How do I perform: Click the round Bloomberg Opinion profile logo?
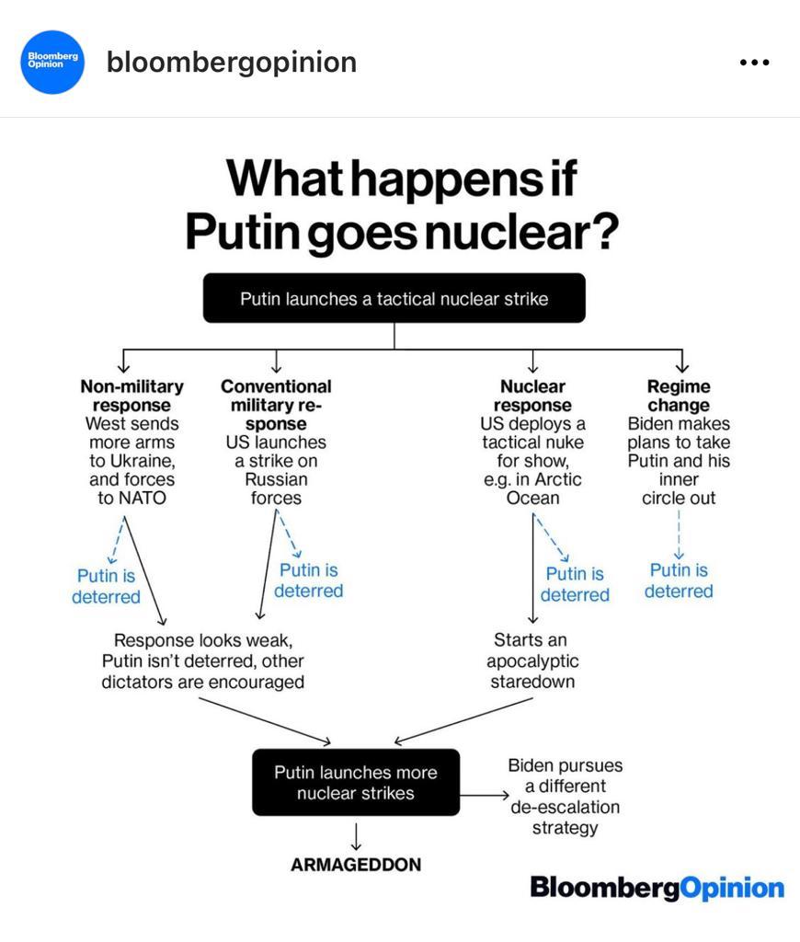click(x=52, y=62)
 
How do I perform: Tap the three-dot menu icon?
click(x=754, y=62)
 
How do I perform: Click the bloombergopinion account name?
click(x=231, y=63)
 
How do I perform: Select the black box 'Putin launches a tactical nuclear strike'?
click(x=394, y=298)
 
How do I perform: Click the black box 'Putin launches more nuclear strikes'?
click(x=356, y=782)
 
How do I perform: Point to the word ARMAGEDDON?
click(x=356, y=865)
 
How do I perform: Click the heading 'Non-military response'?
click(x=132, y=396)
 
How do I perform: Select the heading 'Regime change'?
click(x=679, y=396)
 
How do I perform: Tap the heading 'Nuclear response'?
click(x=532, y=396)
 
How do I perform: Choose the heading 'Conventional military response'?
click(x=276, y=405)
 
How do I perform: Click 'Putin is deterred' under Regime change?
click(x=679, y=580)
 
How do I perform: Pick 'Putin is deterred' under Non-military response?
click(x=107, y=586)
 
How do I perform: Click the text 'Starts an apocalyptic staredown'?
click(x=532, y=661)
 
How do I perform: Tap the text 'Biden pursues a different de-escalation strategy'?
click(x=566, y=796)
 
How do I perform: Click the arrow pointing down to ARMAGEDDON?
click(x=356, y=836)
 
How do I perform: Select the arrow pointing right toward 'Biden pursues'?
click(x=485, y=796)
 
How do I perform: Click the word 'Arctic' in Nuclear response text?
click(x=557, y=479)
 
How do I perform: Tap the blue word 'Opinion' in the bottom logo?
click(x=732, y=888)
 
